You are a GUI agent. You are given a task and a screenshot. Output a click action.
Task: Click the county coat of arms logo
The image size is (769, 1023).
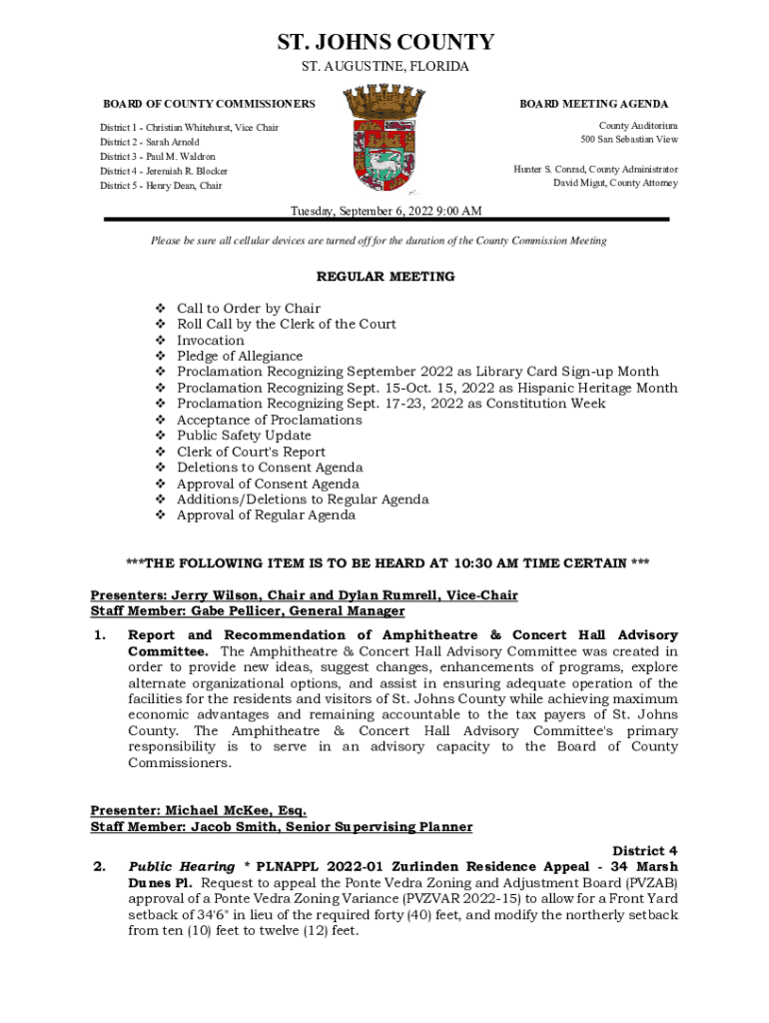(384, 139)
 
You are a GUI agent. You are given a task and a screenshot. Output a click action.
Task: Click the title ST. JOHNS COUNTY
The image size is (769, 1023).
(384, 42)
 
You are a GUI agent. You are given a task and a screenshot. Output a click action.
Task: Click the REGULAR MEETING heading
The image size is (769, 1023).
(385, 277)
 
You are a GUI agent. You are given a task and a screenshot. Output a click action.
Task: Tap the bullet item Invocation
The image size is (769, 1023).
(210, 341)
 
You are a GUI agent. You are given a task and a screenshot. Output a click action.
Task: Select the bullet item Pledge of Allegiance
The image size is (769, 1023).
(240, 357)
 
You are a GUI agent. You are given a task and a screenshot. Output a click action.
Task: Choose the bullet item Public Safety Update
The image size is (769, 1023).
(244, 436)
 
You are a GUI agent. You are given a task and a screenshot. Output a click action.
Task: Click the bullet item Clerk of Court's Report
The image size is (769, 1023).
(251, 452)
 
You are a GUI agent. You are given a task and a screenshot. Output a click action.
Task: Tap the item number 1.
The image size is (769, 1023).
(99, 635)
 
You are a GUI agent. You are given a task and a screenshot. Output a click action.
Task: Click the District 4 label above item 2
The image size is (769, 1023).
(645, 850)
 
